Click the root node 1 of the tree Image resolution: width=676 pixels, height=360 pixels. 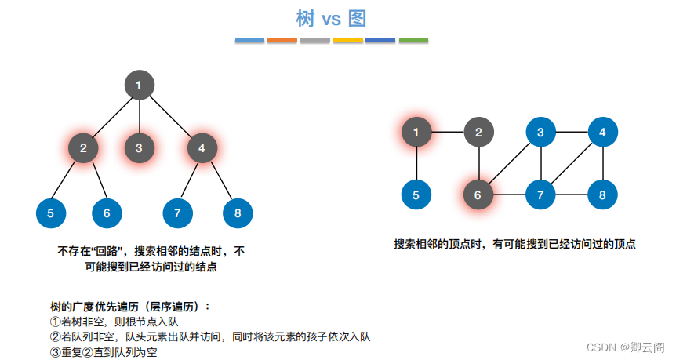tap(139, 85)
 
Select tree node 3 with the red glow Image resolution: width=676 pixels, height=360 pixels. tap(139, 147)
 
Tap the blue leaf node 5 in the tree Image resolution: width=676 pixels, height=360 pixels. tap(51, 213)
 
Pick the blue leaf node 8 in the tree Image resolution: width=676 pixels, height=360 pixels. tap(238, 213)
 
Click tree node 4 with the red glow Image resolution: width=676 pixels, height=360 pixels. tap(202, 147)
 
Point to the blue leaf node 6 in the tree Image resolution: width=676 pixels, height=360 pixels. tap(107, 213)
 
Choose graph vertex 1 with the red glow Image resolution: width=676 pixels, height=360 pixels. tap(416, 133)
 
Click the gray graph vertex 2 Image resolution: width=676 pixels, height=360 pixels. tap(478, 133)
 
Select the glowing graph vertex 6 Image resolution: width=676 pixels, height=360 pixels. tap(478, 195)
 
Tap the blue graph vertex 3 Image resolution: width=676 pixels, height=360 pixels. tap(540, 133)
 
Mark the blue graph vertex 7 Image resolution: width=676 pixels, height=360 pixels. tap(540, 195)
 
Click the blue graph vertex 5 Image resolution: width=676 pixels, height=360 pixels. tap(416, 195)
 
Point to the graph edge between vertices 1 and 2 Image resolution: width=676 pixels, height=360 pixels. tap(447, 133)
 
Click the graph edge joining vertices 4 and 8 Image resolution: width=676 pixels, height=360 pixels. tap(602, 163)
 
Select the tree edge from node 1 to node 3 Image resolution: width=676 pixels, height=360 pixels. tap(139, 116)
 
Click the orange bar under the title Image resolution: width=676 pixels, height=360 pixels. tap(282, 40)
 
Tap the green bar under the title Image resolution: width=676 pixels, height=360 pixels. tap(413, 40)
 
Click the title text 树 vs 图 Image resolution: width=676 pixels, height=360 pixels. tap(332, 18)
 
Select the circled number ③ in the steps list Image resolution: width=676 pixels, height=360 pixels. tap(55, 352)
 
